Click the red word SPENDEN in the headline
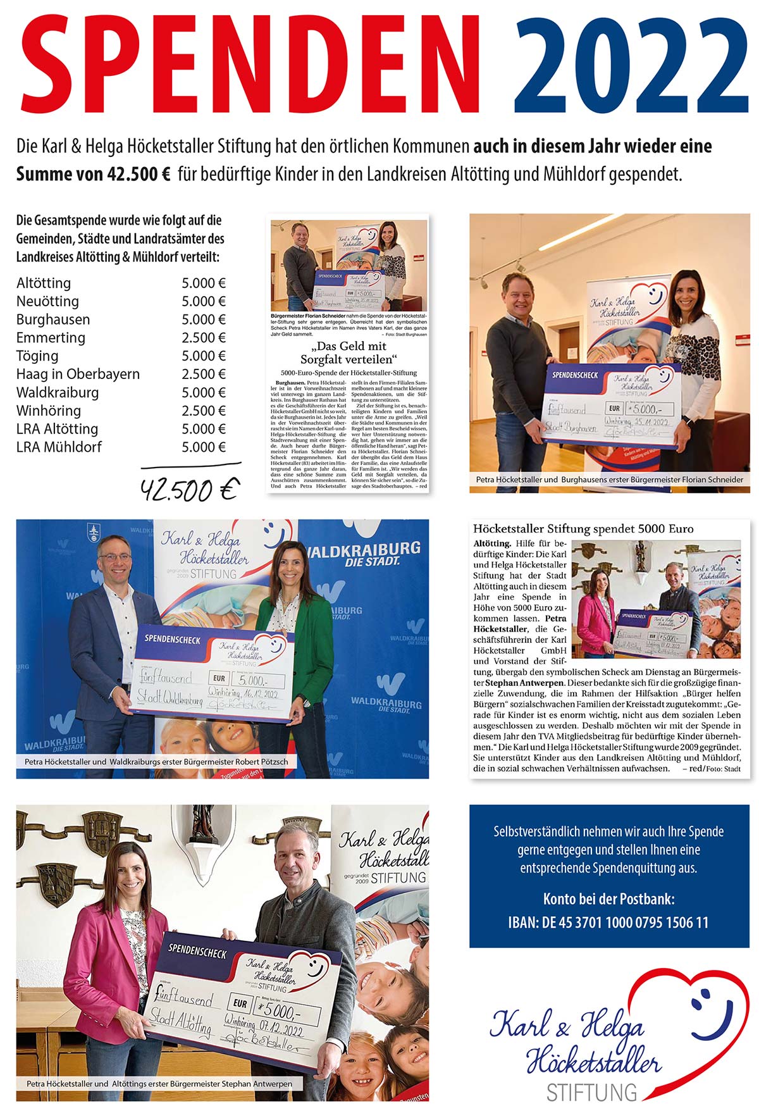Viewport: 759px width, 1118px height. pos(250,65)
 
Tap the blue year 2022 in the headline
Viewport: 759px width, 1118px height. pos(631,65)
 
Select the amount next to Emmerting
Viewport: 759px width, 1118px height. pos(204,337)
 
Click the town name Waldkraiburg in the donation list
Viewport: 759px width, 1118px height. pos(58,392)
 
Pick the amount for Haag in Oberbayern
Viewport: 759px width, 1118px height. pos(204,374)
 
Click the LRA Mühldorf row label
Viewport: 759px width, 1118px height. pos(59,447)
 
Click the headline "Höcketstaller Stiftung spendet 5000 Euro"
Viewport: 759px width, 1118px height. pos(583,528)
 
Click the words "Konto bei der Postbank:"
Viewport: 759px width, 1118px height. pos(608,898)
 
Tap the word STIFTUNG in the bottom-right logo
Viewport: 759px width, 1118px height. pos(591,1093)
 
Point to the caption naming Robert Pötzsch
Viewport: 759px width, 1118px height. pos(156,762)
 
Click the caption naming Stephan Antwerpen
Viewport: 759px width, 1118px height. pos(159,1084)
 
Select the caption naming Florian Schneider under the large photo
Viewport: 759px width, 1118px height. pos(610,480)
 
